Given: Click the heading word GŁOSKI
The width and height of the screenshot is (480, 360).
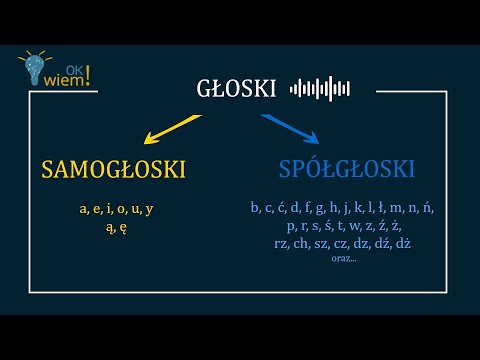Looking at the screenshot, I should click(236, 89).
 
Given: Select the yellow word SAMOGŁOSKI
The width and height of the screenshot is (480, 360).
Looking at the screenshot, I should click(114, 169).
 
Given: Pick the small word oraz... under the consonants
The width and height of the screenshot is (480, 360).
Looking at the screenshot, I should click(342, 258).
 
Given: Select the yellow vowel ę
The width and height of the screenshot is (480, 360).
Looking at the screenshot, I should click(122, 227).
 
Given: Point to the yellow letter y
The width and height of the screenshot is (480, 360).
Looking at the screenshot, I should click(149, 209).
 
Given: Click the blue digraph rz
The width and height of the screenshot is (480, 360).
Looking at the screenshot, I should click(281, 243).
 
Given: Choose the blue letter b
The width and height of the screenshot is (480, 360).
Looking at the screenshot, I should click(255, 208).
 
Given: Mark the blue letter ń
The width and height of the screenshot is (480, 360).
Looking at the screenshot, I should click(428, 208).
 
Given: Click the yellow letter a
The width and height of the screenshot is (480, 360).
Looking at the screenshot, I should click(84, 209).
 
